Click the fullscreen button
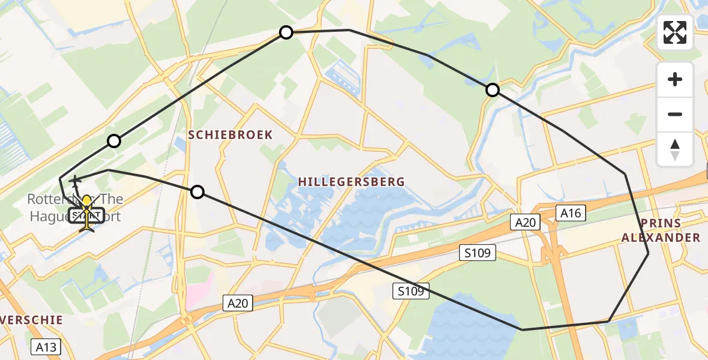(x=675, y=32)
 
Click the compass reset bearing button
(x=675, y=149)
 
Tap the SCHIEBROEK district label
(x=230, y=135)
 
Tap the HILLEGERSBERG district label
(x=351, y=181)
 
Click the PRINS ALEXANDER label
(x=660, y=230)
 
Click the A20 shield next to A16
(x=526, y=223)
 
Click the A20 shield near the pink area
(x=238, y=303)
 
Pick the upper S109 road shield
(x=477, y=253)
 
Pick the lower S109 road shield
(x=412, y=292)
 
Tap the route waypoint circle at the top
(x=286, y=32)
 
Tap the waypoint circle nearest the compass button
(x=492, y=90)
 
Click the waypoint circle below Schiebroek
(x=197, y=192)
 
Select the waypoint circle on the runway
(x=114, y=141)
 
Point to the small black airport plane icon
(x=76, y=179)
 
